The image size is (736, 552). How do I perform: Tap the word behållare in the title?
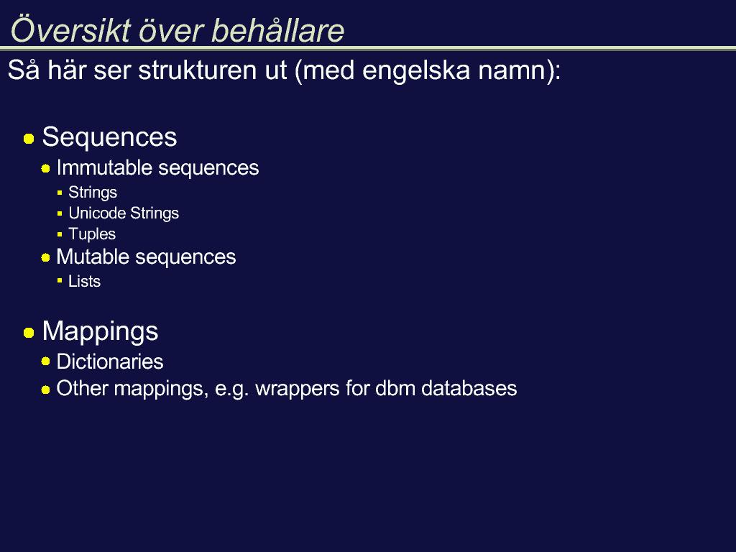278,30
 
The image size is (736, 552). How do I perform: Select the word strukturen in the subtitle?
212,70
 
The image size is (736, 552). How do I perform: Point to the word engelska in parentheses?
416,71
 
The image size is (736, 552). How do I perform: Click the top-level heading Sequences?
109,137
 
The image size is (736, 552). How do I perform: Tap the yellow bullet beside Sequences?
29,139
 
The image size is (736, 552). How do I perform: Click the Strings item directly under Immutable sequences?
93,193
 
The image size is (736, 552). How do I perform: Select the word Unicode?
97,213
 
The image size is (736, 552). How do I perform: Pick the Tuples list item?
92,234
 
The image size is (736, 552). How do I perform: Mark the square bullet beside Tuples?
60,234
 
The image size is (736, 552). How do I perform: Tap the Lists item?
85,281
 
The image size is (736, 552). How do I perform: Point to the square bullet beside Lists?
60,281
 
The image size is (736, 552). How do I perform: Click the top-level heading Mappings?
100,332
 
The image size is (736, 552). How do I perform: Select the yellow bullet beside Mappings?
29,333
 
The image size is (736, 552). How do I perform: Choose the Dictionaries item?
110,362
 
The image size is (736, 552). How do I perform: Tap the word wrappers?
298,390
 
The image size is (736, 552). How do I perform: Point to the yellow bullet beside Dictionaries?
45,361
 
